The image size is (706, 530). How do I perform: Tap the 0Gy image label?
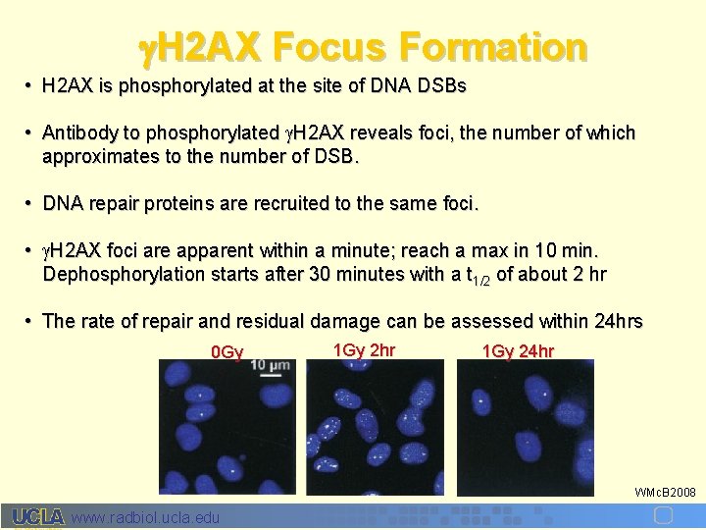227,351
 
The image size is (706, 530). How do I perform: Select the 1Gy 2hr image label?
364,349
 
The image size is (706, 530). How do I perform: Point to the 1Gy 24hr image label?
518,351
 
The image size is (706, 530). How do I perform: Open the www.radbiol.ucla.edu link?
146,517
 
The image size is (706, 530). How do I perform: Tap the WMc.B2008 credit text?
665,492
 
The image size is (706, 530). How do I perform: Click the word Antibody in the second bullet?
76,132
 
